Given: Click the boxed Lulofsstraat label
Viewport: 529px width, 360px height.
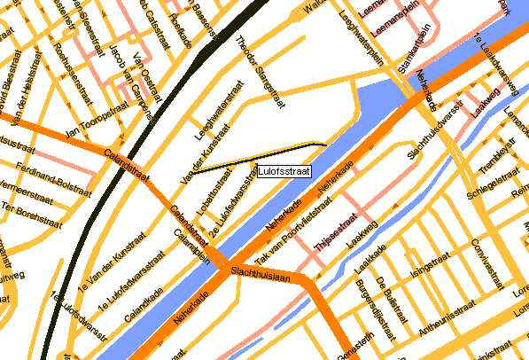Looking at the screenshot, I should click(282, 170).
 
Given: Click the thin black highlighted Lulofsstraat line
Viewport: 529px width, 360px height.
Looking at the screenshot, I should click(266, 150).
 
